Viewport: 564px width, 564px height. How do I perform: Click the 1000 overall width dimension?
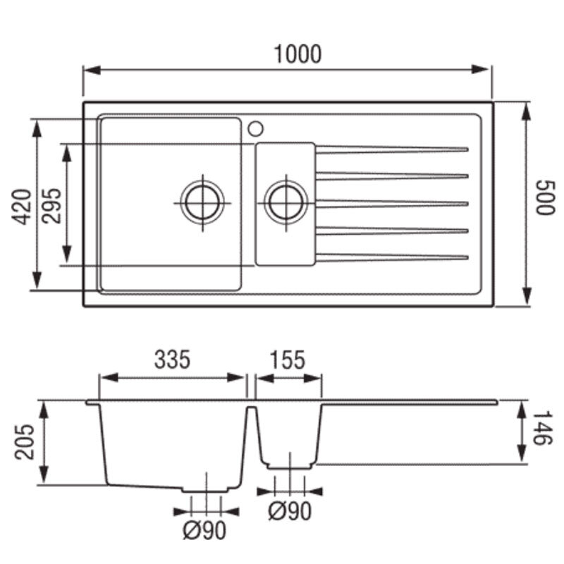[x=298, y=54]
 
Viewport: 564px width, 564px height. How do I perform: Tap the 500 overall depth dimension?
[x=545, y=197]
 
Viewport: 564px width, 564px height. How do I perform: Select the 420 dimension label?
[x=21, y=207]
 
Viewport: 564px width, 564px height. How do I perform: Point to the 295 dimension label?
[x=51, y=206]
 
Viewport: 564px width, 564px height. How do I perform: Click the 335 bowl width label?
[x=172, y=360]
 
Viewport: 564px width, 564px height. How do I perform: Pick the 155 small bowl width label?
[x=287, y=360]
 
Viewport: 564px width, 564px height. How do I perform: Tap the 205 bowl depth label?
[x=24, y=442]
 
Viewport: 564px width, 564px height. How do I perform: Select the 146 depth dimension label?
[x=541, y=428]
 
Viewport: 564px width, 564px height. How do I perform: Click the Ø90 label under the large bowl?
[x=204, y=530]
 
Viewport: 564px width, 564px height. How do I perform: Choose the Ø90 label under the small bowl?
[x=290, y=511]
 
